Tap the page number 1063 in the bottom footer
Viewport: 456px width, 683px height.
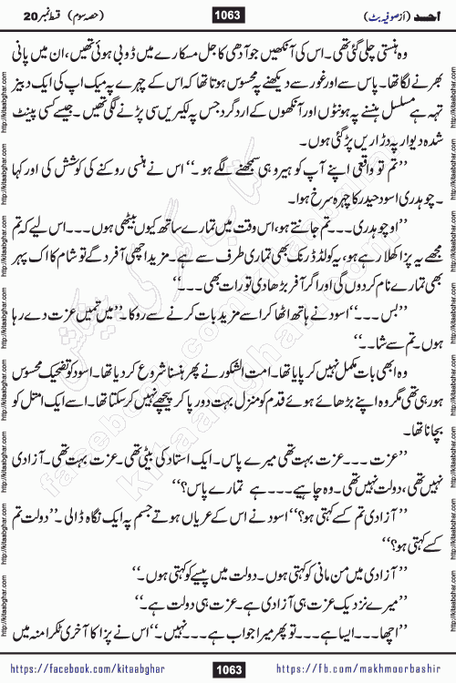227,670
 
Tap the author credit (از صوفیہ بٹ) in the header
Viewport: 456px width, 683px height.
382,15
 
